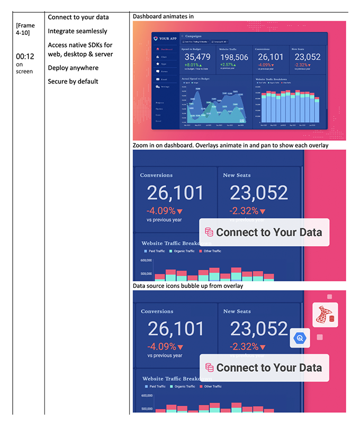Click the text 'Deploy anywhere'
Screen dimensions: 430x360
coord(73,68)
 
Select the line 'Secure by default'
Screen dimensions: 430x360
coord(73,81)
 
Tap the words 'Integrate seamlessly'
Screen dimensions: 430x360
coord(77,31)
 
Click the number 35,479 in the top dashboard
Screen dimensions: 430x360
coord(197,57)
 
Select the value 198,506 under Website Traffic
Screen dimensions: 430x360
coord(235,57)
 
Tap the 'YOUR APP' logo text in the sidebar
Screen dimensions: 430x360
coord(167,39)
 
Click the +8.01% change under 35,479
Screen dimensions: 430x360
coord(193,65)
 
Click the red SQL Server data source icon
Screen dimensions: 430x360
coord(325,315)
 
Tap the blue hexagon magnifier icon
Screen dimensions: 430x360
coord(300,337)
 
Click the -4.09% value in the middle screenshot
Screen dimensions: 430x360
coord(164,211)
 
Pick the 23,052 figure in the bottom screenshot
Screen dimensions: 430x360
coord(259,329)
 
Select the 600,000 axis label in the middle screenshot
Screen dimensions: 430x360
coord(147,260)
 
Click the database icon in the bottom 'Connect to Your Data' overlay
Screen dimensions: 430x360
coord(210,368)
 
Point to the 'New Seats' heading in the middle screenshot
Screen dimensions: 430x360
coord(237,175)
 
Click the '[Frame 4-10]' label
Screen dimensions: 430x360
coord(26,29)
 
